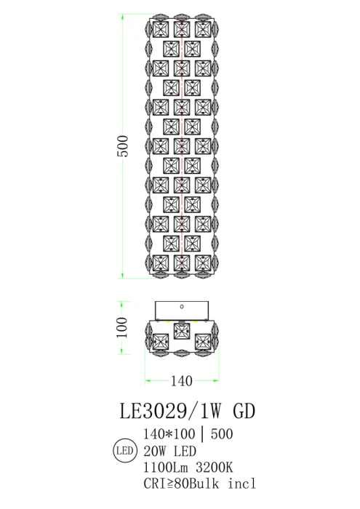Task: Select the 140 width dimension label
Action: coord(182,380)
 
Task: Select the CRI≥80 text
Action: coord(171,484)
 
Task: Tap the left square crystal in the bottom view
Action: coord(161,340)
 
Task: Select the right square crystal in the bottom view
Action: coord(203,340)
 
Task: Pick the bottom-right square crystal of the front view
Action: coord(203,261)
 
